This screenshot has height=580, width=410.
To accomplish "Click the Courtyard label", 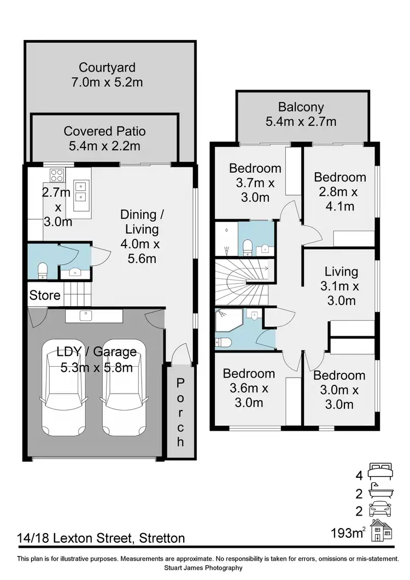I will click(107, 68).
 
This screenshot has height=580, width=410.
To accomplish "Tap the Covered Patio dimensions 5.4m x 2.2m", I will click(104, 145).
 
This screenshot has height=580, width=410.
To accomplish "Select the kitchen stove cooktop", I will click(57, 175).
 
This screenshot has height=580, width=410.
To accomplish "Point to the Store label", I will click(45, 296).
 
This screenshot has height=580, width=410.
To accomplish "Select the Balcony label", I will click(301, 107).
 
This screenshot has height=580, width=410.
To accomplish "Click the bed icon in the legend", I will click(380, 470).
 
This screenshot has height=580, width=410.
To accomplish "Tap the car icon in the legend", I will click(380, 510).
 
